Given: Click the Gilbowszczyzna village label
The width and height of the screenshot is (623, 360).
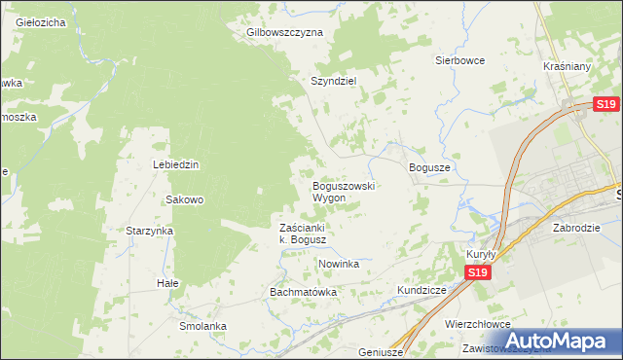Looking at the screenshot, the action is pos(284,32).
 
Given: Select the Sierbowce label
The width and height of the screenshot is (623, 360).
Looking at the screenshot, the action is pos(459,59).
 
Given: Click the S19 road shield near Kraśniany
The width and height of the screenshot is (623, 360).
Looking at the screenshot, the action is pos(606,105).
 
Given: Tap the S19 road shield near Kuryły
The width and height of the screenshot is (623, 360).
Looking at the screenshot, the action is pos(476,273).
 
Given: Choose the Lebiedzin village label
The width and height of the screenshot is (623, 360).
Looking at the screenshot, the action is pos(175,164).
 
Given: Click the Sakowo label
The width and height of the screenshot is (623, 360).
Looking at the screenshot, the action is pos(184,199).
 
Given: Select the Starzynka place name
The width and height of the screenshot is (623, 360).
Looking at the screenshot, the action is pos(149,231).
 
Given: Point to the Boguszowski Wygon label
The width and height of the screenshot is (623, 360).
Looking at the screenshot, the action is pos(344,192).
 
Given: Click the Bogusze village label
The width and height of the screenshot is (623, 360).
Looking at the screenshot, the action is pos(429,167).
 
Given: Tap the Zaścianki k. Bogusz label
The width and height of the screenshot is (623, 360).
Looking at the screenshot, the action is pos(308,234).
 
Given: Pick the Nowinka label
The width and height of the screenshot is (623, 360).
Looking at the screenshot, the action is pos(339,264).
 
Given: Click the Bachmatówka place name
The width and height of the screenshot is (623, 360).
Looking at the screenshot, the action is pos(303,292).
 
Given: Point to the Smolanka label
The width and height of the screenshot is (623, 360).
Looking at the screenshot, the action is pos(202,326).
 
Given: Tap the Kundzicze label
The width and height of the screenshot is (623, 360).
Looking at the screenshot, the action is pos(421,290).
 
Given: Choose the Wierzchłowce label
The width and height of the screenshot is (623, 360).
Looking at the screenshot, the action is pos(477,324).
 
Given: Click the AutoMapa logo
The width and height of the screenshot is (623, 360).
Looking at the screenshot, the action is pos(559,341).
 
